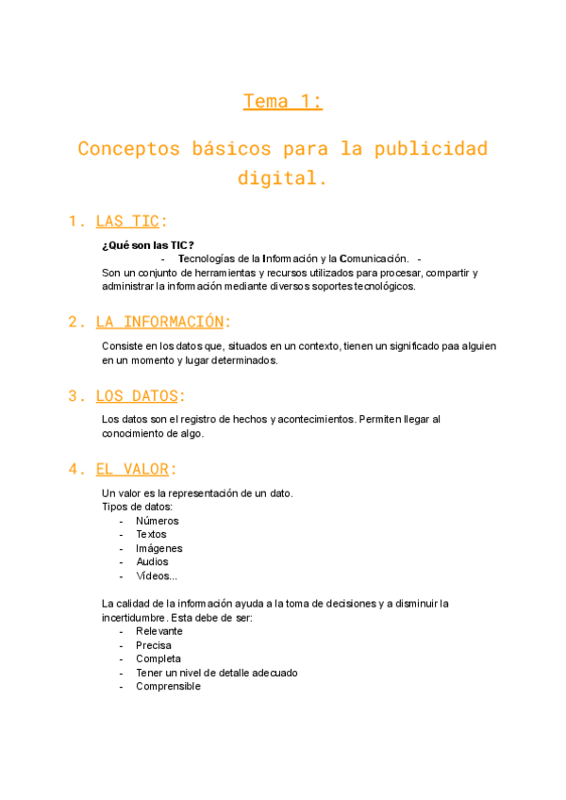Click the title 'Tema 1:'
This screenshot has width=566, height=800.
283,102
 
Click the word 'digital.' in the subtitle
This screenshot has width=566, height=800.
283,177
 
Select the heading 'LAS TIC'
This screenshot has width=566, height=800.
127,222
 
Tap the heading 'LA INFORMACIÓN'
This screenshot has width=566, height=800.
160,322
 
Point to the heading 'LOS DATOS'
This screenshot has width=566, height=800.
137,395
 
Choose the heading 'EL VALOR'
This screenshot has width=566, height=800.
132,469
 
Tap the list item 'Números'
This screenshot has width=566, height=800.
157,521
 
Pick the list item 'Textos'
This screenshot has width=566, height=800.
151,534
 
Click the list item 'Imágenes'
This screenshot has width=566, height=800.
158,548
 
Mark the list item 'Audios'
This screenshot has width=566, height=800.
152,562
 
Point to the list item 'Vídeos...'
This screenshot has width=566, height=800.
157,575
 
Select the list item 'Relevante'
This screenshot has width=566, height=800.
158,631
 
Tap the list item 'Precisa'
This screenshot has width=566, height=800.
153,645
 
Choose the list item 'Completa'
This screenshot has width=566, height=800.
158,658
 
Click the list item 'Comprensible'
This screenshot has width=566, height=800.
168,687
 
